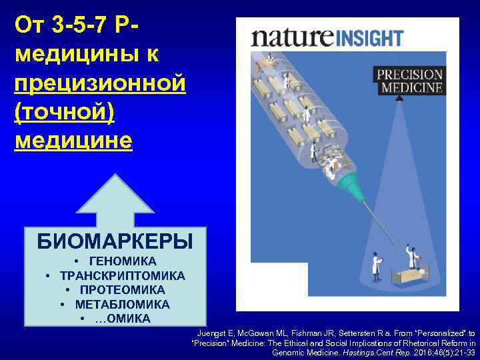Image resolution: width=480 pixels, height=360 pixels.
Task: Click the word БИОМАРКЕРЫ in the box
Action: (115, 241)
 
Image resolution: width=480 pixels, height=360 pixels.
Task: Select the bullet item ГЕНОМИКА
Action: (123, 261)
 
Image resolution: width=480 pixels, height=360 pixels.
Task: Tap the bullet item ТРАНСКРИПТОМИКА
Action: (123, 275)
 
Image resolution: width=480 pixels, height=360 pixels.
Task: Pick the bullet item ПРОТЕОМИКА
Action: (123, 290)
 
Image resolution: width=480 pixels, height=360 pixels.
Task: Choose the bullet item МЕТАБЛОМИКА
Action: (123, 304)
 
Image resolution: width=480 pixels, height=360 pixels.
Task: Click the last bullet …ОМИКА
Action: (123, 319)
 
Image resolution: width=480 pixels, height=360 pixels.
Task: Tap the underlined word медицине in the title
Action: (73, 140)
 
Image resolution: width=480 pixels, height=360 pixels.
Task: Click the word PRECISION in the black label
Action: (409, 75)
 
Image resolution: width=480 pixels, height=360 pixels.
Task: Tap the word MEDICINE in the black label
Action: (409, 87)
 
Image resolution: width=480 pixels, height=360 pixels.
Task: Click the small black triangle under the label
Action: (399, 98)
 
